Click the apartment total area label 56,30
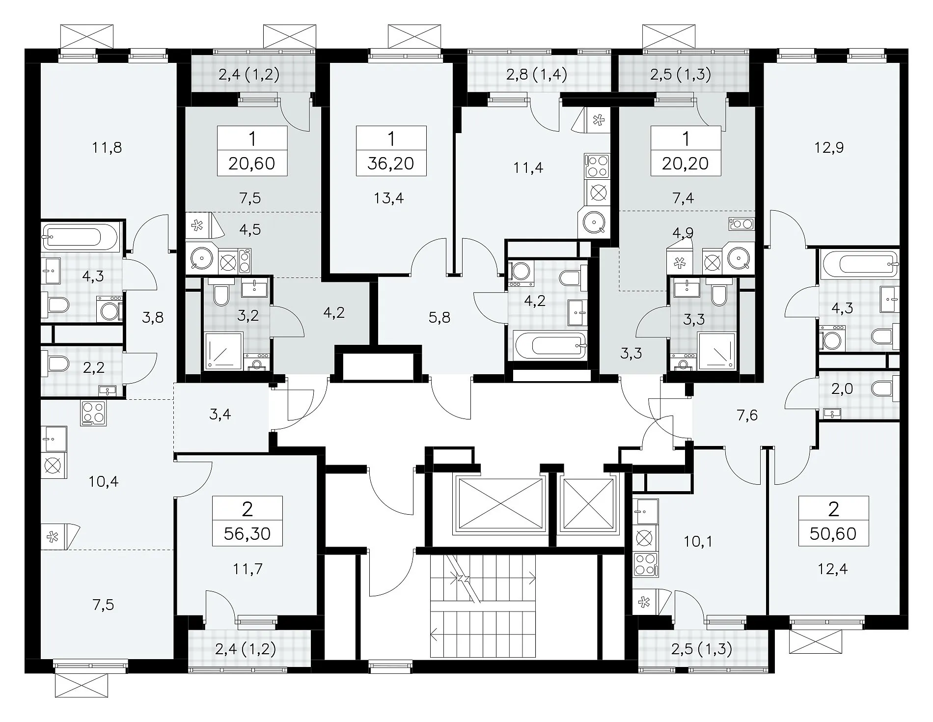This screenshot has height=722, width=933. [247, 533]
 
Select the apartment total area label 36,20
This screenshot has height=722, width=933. [391, 164]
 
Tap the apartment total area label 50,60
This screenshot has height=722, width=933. [833, 533]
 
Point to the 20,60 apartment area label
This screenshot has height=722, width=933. [252, 164]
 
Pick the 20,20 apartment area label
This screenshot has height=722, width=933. [686, 164]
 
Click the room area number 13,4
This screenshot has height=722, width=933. [388, 198]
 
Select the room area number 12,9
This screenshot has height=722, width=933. [829, 147]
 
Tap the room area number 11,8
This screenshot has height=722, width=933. [107, 147]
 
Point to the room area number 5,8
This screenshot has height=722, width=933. [439, 318]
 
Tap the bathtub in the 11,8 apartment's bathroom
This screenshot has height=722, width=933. [80, 238]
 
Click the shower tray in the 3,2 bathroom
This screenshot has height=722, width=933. [223, 351]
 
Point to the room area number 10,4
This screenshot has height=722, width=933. [105, 482]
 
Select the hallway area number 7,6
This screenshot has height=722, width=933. [747, 416]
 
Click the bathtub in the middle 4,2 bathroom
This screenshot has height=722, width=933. [550, 346]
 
